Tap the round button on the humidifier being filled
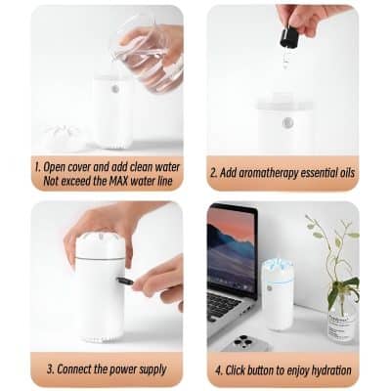point(115,88)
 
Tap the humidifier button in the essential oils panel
point(286,123)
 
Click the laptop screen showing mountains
point(231,252)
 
